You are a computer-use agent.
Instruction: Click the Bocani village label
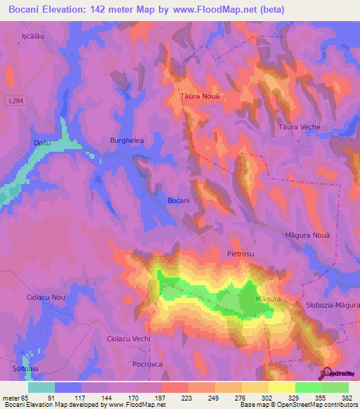(179, 201)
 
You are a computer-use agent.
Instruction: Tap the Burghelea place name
(127, 141)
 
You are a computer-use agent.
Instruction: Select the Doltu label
(43, 143)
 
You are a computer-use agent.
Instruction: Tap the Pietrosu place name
(240, 252)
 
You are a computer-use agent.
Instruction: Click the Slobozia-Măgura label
(333, 306)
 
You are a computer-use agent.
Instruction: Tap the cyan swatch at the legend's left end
(41, 387)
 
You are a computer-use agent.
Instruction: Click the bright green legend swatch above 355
(309, 387)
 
